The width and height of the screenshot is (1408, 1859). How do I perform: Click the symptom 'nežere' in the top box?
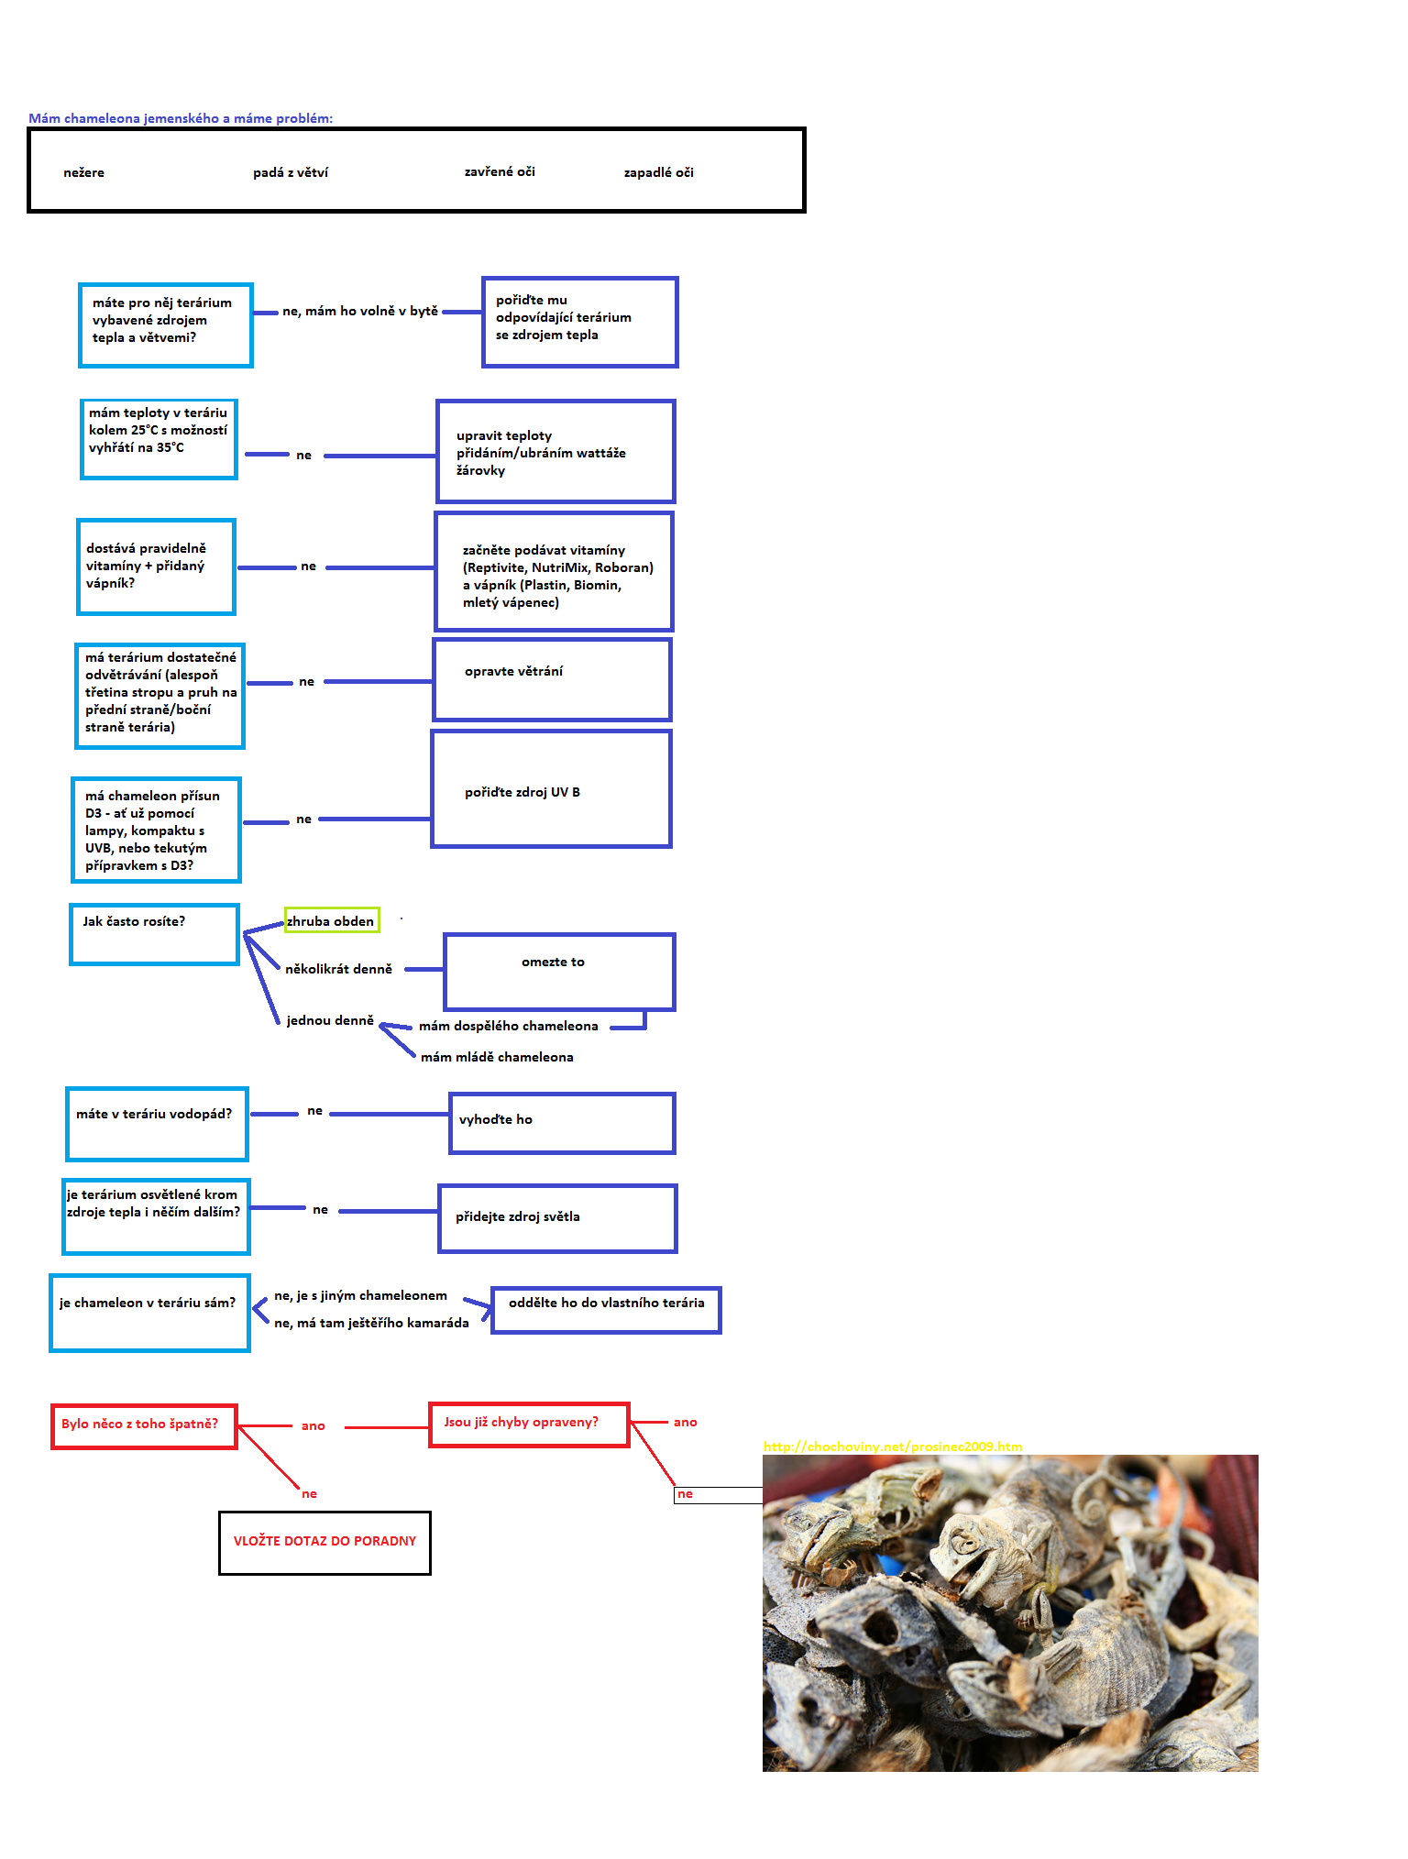[x=83, y=172]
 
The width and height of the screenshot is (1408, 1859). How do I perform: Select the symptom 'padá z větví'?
[x=290, y=172]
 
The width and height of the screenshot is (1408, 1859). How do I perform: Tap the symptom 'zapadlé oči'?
[x=658, y=172]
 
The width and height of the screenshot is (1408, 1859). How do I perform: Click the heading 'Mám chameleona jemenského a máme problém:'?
[x=181, y=118]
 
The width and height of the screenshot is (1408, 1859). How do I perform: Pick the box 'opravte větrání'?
[x=552, y=679]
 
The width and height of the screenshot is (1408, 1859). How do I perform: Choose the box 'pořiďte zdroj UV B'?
[x=551, y=789]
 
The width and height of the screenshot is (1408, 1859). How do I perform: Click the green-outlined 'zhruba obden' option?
[x=331, y=920]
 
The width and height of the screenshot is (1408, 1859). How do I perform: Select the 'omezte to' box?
[x=559, y=971]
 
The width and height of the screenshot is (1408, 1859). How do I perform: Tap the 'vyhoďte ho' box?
[x=562, y=1122]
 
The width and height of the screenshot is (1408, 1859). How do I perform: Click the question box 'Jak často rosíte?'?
[x=154, y=933]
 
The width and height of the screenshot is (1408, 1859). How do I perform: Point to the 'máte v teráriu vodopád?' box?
[x=157, y=1123]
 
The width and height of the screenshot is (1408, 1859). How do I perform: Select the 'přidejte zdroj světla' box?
[x=557, y=1217]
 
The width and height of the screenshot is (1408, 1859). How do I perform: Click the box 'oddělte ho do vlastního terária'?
[x=606, y=1309]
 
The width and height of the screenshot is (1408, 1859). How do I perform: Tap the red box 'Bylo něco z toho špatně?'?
[x=144, y=1425]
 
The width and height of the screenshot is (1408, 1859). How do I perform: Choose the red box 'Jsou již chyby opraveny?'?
[x=529, y=1424]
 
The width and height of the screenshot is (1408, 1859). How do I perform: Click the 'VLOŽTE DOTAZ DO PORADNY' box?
[x=324, y=1542]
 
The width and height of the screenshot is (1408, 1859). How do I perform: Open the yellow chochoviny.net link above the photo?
[x=892, y=1446]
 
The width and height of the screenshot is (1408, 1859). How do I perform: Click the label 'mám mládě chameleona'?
[x=497, y=1057]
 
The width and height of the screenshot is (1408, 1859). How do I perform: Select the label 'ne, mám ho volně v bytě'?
[x=359, y=311]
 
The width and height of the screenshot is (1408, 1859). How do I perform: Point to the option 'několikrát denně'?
[x=338, y=969]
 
